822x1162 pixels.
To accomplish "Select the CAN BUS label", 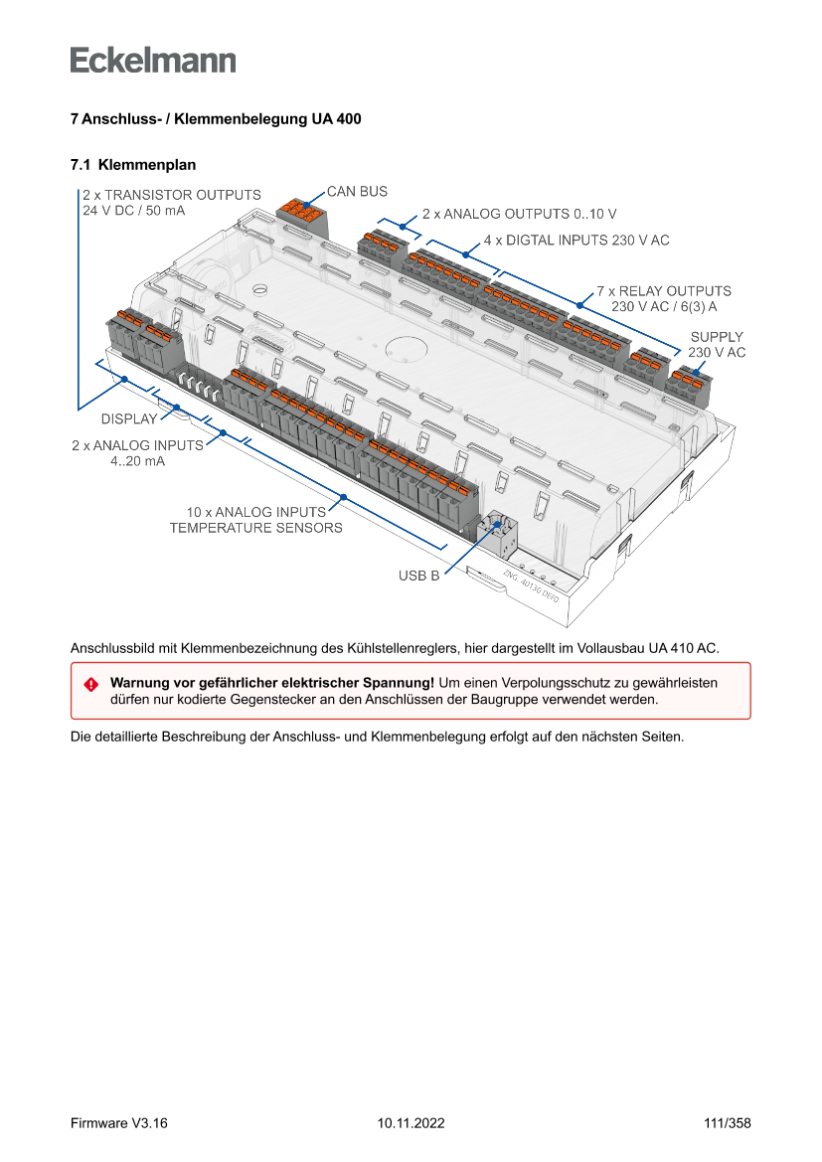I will [x=357, y=191].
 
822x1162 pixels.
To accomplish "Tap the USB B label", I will [x=418, y=576].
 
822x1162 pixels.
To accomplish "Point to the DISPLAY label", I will [x=128, y=418].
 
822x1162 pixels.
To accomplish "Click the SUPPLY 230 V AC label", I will [x=716, y=345].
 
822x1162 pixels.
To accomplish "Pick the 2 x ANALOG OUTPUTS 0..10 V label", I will [x=519, y=214].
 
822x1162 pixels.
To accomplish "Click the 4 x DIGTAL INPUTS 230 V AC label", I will [x=576, y=241].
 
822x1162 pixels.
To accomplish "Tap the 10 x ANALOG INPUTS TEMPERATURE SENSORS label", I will [x=255, y=520].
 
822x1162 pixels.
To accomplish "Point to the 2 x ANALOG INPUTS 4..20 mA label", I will [x=137, y=453].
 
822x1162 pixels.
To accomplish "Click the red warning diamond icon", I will [x=90, y=684].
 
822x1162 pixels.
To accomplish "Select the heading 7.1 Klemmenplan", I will [x=133, y=164].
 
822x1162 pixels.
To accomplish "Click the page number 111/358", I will [x=727, y=1123].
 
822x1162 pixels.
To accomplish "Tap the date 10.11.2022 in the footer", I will [x=411, y=1123].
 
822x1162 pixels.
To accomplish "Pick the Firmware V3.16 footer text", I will [x=119, y=1123].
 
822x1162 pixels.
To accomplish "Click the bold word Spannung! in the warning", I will [x=399, y=683].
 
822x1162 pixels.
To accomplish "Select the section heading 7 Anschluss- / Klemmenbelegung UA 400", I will [x=216, y=119].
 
